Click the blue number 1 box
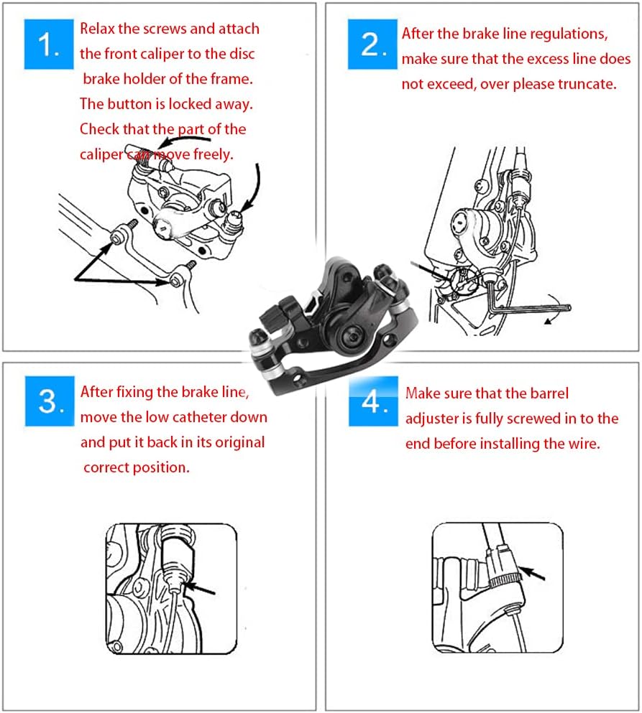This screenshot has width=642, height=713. pos(49,44)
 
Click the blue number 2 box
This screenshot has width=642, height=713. pos(372,44)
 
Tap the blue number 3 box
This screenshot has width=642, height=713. pos(50,401)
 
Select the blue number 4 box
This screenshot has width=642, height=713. pos(373,401)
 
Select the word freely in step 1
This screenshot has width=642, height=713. pos(213,154)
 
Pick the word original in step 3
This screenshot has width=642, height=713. pos(239,442)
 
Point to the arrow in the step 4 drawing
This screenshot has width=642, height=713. pos(532,573)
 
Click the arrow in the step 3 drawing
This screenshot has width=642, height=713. pos(201,588)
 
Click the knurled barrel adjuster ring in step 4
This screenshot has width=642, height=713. pos(505,580)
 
